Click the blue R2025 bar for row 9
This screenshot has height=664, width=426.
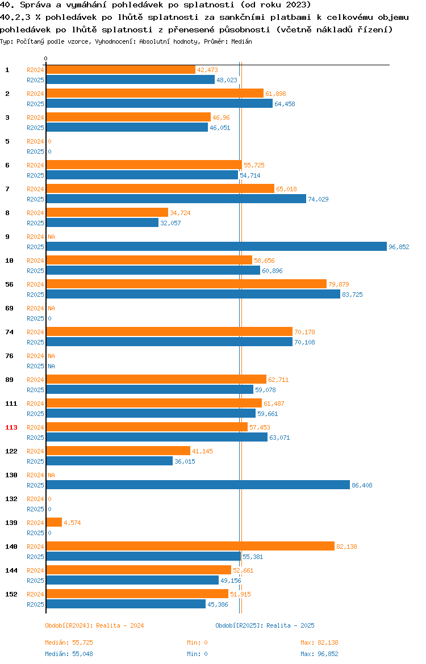tap(216, 247)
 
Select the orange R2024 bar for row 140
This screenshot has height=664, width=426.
tap(190, 547)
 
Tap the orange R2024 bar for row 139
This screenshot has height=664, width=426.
tap(54, 523)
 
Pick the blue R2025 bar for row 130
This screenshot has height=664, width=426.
tap(198, 485)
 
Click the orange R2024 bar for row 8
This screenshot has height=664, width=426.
tap(107, 213)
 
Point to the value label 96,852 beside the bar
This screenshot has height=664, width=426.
tap(399, 247)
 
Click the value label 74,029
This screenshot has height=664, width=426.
tap(318, 199)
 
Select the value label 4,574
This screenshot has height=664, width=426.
tap(72, 523)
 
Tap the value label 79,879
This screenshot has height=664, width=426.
tap(339, 284)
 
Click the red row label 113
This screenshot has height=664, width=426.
tap(11, 427)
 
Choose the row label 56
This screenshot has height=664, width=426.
tap(9, 284)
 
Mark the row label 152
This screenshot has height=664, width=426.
tap(11, 594)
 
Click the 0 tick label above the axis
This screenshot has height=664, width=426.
tap(45, 59)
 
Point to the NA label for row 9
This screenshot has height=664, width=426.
tap(51, 237)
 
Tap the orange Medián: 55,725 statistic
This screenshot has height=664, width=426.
tap(69, 642)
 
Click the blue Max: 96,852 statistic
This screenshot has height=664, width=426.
tap(319, 654)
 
